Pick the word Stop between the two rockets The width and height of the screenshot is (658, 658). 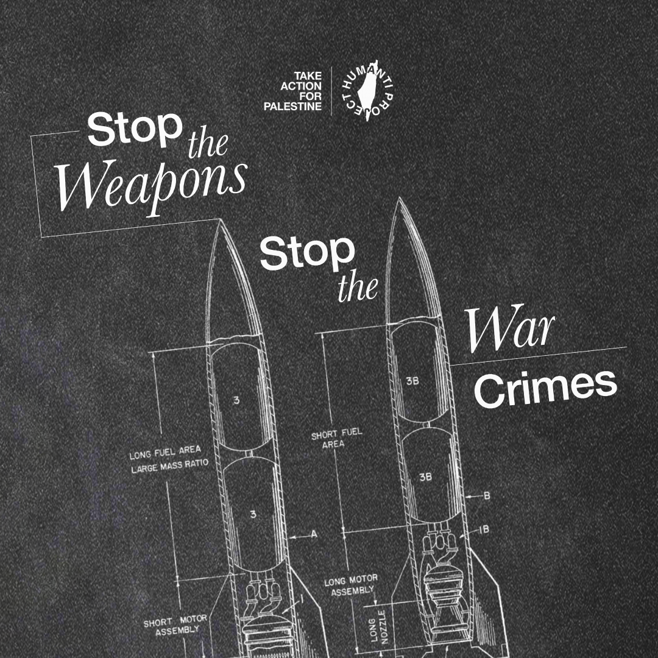307,252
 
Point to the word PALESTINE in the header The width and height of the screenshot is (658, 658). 292,107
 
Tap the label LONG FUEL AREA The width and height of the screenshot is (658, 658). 165,456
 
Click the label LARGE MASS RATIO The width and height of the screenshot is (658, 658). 169,470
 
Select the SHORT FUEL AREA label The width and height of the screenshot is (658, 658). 336,439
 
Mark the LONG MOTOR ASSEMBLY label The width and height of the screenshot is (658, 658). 350,584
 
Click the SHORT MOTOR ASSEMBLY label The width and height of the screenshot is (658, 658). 175,625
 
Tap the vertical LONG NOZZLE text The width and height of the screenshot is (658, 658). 378,624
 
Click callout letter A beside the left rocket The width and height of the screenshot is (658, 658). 314,534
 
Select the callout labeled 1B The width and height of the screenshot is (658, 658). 484,529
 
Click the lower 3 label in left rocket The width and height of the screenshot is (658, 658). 253,515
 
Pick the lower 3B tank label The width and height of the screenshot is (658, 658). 425,477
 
